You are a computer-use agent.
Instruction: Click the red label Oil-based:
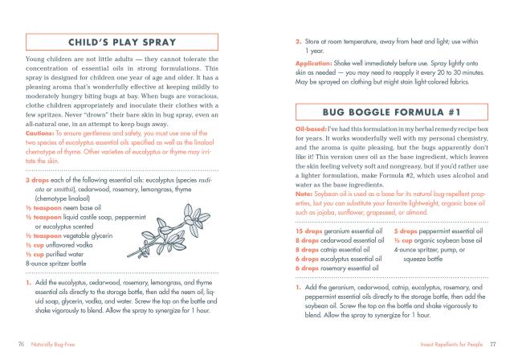(312, 129)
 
